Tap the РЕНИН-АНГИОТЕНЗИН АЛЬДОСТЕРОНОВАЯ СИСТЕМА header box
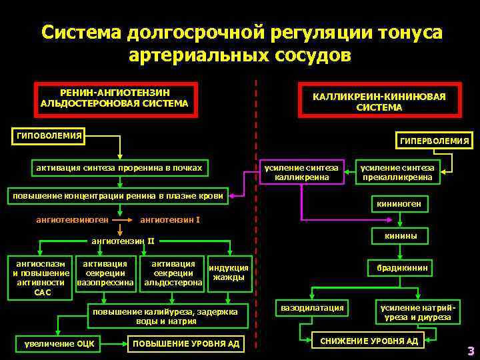pyautogui.click(x=114, y=98)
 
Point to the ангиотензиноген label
pyautogui.click(x=68, y=219)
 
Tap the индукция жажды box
pyautogui.click(x=229, y=273)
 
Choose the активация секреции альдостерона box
pyautogui.click(x=173, y=273)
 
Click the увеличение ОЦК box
pyautogui.click(x=59, y=344)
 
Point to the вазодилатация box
pyautogui.click(x=312, y=308)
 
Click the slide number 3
pyautogui.click(x=470, y=351)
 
